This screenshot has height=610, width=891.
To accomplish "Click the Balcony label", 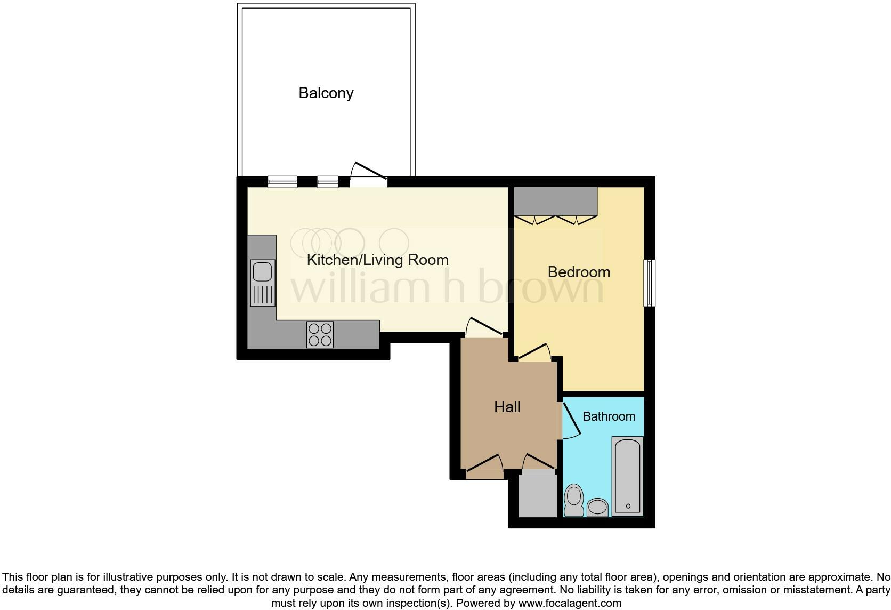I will (x=326, y=93).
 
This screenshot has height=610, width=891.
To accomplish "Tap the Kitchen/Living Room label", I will (x=377, y=260).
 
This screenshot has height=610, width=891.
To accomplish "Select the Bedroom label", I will (x=579, y=272).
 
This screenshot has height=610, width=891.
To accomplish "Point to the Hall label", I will (x=507, y=407).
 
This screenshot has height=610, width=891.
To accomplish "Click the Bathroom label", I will (x=609, y=416).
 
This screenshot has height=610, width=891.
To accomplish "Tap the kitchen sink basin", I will (x=262, y=271).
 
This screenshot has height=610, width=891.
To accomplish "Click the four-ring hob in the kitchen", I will (x=320, y=334).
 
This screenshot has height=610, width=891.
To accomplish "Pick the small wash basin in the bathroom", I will (x=597, y=507).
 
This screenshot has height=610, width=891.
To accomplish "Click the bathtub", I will (x=628, y=476).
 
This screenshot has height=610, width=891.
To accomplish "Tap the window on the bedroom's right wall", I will (x=649, y=283).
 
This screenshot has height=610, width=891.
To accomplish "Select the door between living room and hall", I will (x=484, y=328).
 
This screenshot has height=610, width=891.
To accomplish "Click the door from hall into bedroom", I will (x=534, y=352).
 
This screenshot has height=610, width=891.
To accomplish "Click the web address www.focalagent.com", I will (x=569, y=604).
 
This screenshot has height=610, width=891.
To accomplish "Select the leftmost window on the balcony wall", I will (x=282, y=182).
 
